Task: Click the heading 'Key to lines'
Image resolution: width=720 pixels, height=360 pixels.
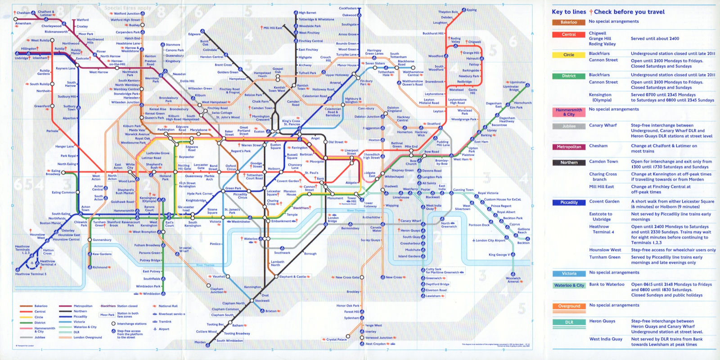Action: tap(569, 12)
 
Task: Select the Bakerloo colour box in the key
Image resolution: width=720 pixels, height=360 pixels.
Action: tap(568, 22)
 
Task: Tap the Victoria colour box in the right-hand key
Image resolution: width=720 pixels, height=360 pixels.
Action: tap(569, 274)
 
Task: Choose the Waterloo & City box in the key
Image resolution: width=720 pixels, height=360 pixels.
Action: tap(569, 285)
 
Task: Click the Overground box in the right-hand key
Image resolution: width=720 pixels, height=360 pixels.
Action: tap(569, 306)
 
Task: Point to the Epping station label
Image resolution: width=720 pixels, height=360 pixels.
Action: tap(472, 10)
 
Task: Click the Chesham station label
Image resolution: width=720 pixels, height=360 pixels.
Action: tap(23, 13)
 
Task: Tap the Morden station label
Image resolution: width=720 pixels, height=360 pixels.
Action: tap(200, 342)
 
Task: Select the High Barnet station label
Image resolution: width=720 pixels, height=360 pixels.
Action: tap(307, 13)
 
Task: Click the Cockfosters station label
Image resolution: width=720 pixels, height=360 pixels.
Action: tap(347, 8)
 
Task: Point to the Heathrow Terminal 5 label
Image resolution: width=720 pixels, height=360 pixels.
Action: tap(31, 274)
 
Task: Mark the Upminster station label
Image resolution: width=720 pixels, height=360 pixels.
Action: tap(517, 82)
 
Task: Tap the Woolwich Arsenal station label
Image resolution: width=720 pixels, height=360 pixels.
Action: tap(513, 279)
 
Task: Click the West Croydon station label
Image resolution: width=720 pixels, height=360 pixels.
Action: tap(376, 344)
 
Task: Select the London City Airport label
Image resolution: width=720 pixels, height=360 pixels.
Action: tap(490, 240)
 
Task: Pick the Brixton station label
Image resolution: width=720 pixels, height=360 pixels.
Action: tap(271, 311)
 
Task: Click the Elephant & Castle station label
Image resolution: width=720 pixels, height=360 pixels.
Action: tap(292, 277)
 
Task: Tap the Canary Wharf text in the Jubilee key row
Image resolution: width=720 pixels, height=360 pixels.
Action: tap(601, 126)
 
